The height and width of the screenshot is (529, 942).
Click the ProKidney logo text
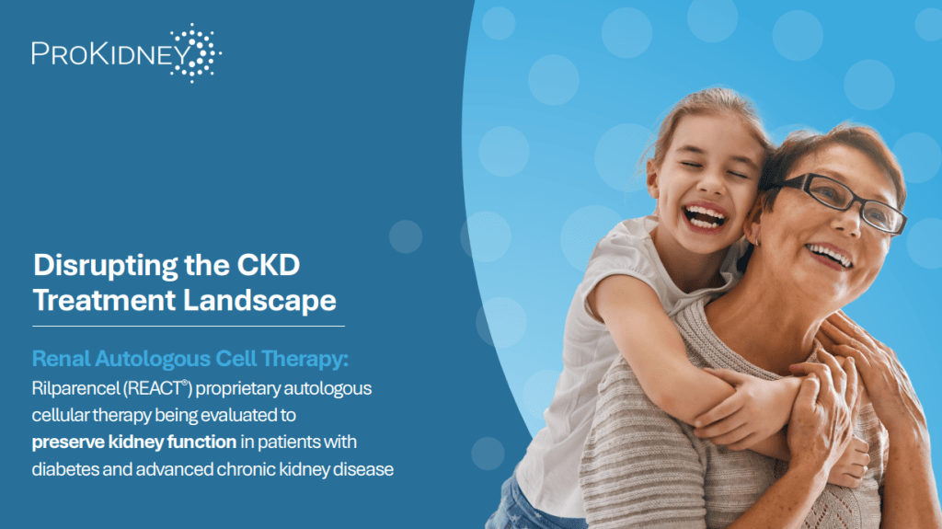click(x=111, y=53)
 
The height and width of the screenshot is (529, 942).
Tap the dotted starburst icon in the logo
click(x=196, y=53)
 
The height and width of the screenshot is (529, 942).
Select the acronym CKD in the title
click(x=268, y=265)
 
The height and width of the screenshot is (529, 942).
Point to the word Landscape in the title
click(x=259, y=301)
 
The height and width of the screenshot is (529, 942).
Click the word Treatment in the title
click(x=104, y=300)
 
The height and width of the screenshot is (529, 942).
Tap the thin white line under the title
click(x=189, y=326)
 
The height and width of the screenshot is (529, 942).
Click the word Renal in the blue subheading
click(x=61, y=358)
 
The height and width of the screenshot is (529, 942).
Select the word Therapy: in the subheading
click(x=304, y=360)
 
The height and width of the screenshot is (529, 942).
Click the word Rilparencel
click(x=75, y=389)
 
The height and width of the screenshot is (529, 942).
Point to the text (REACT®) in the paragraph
click(x=157, y=388)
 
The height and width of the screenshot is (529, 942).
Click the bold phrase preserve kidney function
click(x=134, y=443)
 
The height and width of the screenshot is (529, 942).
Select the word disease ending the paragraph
click(x=363, y=469)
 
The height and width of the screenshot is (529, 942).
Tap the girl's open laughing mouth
click(x=704, y=217)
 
